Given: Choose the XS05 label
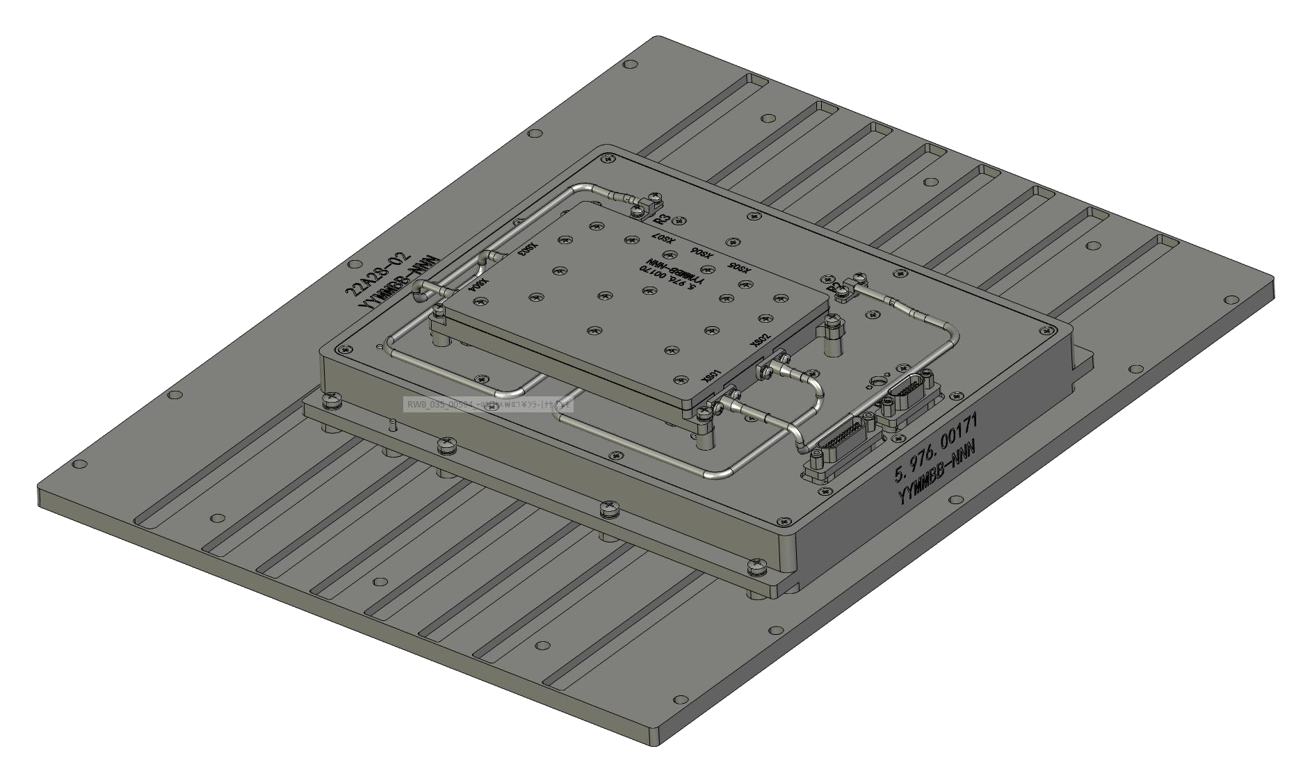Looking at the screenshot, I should pos(738,269).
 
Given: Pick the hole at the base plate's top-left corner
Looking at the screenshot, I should pos(630,64).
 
